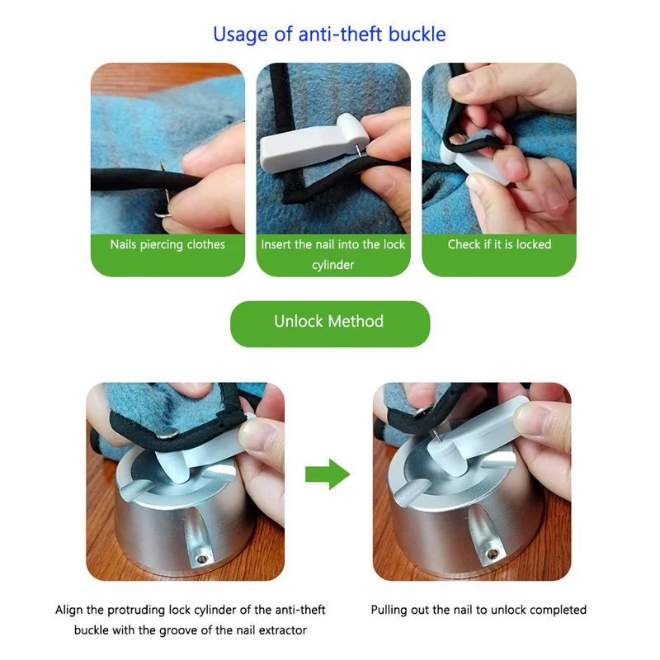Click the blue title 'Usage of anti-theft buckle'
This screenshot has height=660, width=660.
point(329,35)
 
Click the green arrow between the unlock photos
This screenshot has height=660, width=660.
point(328,474)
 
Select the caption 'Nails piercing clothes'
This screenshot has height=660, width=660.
point(167,244)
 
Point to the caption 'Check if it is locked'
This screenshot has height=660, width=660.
point(499,244)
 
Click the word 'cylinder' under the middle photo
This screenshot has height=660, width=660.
point(333,265)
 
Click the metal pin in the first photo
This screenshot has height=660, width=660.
point(164,190)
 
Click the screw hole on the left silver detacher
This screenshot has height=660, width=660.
point(202,559)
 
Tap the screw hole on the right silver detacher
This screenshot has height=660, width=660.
point(491,554)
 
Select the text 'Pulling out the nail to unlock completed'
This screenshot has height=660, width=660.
point(478,610)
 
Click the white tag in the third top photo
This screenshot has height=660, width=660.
point(476,163)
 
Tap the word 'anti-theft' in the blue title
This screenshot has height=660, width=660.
point(341,34)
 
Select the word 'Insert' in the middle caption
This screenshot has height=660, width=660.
point(275,244)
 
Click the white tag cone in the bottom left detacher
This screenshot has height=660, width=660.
point(172,466)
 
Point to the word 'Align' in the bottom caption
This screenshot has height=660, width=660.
point(69,610)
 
